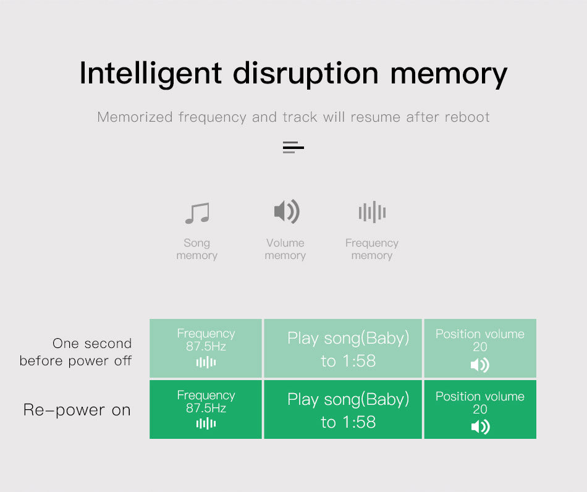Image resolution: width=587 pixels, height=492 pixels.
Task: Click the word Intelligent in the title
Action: (x=151, y=74)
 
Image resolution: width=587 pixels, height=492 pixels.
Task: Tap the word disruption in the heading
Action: (x=305, y=74)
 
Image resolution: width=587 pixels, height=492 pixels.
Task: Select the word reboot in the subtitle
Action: (x=467, y=117)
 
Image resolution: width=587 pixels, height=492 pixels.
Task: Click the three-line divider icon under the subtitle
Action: (x=293, y=147)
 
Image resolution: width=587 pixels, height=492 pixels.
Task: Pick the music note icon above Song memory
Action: (x=197, y=213)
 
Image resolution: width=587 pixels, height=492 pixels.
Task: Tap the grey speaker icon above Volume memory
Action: (x=287, y=211)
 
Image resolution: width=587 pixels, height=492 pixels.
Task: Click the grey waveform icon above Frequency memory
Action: (x=372, y=212)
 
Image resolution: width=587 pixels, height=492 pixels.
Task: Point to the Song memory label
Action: (x=197, y=249)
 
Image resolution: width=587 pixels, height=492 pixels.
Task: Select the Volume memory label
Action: (x=285, y=249)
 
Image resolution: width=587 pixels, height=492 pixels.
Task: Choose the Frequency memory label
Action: (x=372, y=249)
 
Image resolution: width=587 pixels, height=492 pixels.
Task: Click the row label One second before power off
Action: (x=75, y=352)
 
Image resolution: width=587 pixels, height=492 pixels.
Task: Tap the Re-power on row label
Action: (x=77, y=410)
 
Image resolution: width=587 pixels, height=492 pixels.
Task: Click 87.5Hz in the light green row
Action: (x=206, y=346)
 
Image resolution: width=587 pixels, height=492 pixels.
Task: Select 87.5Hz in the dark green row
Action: (x=206, y=408)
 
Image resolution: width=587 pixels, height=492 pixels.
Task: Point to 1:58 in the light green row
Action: (x=358, y=361)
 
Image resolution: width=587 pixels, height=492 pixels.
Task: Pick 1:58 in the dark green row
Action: (x=358, y=422)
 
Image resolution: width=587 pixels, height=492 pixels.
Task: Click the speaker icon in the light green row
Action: (x=480, y=365)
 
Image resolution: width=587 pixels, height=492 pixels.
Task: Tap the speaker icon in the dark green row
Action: (x=480, y=427)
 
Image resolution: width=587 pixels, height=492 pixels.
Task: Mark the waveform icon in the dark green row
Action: (x=206, y=423)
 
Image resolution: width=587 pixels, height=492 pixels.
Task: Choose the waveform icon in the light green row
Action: (x=206, y=362)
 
